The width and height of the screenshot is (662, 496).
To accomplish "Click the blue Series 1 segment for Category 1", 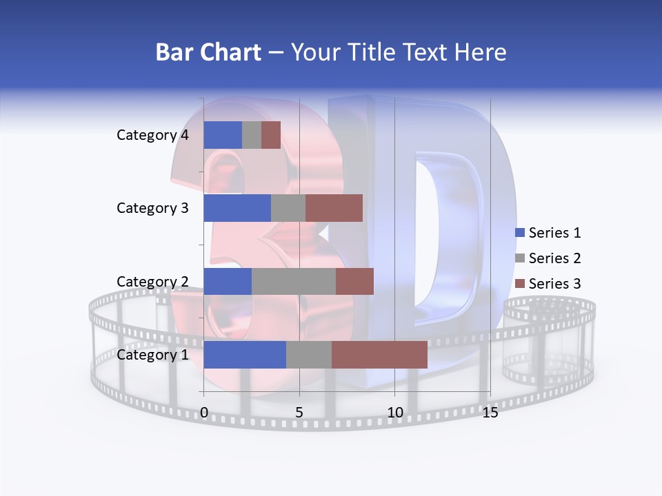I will pos(245,354).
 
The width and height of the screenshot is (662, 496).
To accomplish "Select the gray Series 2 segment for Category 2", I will pos(294,281).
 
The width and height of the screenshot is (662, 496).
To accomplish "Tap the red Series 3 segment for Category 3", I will pos(334,208).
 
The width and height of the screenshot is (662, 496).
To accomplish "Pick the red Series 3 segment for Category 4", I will pos(271,135).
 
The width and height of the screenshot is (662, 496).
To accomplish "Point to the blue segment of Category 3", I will pos(237,208).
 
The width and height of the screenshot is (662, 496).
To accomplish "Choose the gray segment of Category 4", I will pos(252,135).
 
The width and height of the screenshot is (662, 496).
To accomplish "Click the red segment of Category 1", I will pos(379,354).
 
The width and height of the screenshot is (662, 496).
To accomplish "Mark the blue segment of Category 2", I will pos(228,281).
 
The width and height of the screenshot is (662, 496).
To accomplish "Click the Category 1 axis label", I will pos(152,355).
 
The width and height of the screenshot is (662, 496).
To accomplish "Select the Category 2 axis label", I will pos(152,281).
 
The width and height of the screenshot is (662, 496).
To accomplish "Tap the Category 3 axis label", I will pos(152,208).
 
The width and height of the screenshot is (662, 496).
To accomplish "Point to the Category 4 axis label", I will pos(152,135).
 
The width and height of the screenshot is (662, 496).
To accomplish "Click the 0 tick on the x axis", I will pos(204,413).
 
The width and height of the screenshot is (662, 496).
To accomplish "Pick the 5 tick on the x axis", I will pos(299,413).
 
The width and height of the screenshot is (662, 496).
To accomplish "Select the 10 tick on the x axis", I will pos(394,413).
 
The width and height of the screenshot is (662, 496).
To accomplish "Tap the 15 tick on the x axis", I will pos(490,413).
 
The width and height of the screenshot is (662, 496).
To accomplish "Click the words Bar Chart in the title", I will pos(208,52).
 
